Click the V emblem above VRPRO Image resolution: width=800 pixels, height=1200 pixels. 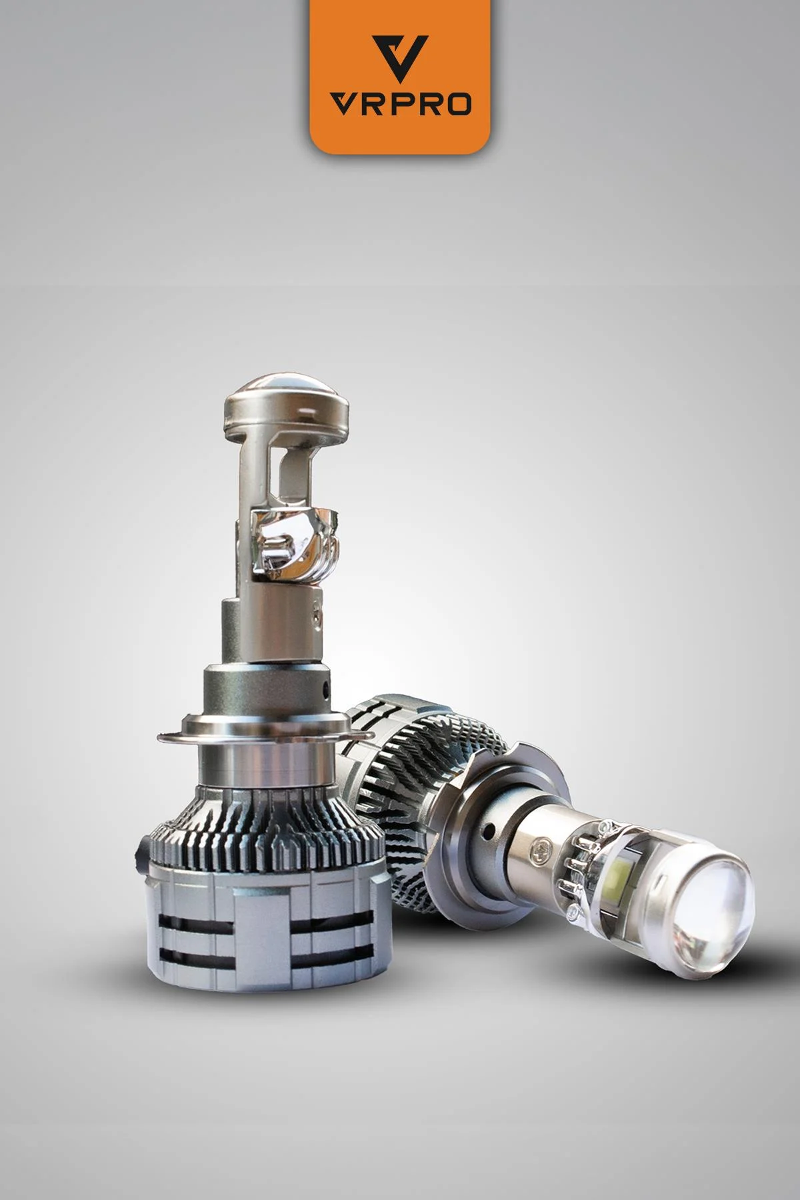point(400,59)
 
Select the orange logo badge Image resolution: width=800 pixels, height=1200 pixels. point(400,77)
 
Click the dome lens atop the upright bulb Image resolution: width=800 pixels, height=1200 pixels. point(287,403)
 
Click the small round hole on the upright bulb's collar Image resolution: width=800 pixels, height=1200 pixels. point(326,687)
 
